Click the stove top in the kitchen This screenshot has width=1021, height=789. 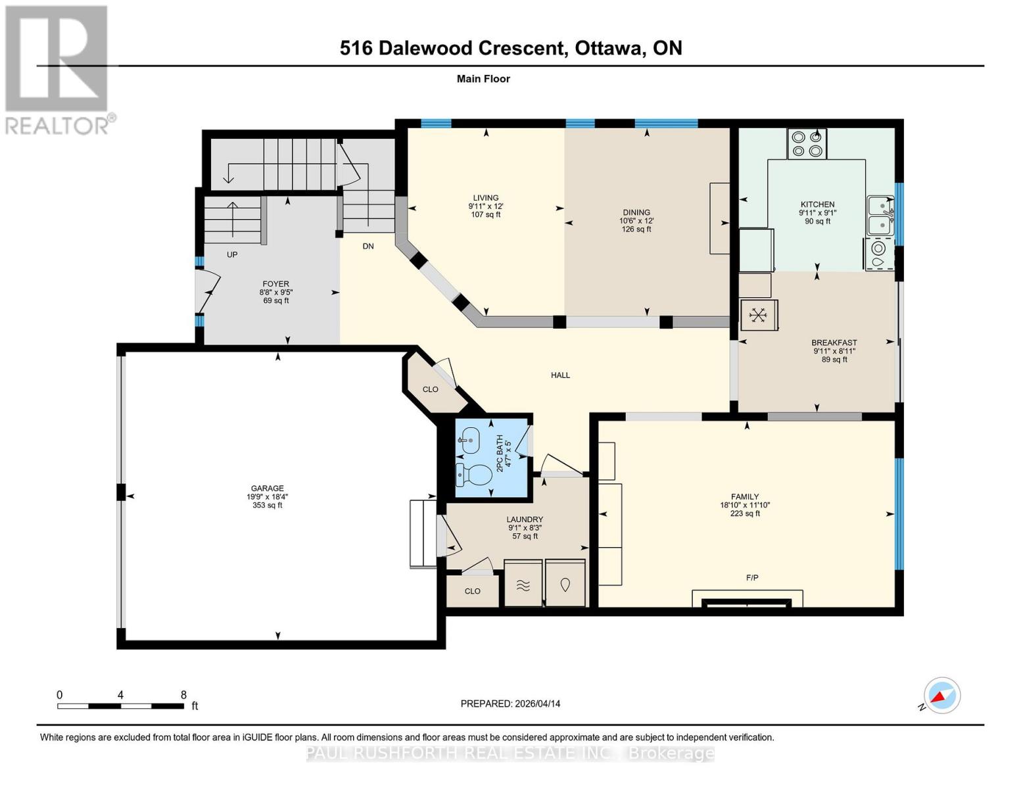tap(807, 144)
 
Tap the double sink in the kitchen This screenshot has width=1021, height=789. tap(880, 216)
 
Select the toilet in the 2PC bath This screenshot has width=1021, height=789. tap(475, 474)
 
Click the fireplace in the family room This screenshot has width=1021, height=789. tap(747, 600)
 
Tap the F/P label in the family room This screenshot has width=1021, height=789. tap(752, 578)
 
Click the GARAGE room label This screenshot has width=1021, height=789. tap(267, 489)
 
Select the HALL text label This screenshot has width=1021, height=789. tap(560, 375)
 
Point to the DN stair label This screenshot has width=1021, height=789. tap(368, 247)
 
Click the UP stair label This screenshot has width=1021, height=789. tap(232, 254)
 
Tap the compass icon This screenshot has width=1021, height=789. tap(941, 696)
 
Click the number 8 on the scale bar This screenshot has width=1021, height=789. tap(183, 695)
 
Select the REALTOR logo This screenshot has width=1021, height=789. tap(57, 69)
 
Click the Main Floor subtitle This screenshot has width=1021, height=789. tap(483, 79)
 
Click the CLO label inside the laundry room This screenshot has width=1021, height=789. tap(472, 591)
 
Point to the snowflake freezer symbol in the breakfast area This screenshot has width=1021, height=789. tap(759, 315)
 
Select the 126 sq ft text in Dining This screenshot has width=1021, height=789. tap(636, 229)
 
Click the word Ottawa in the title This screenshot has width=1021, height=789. tap(609, 48)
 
